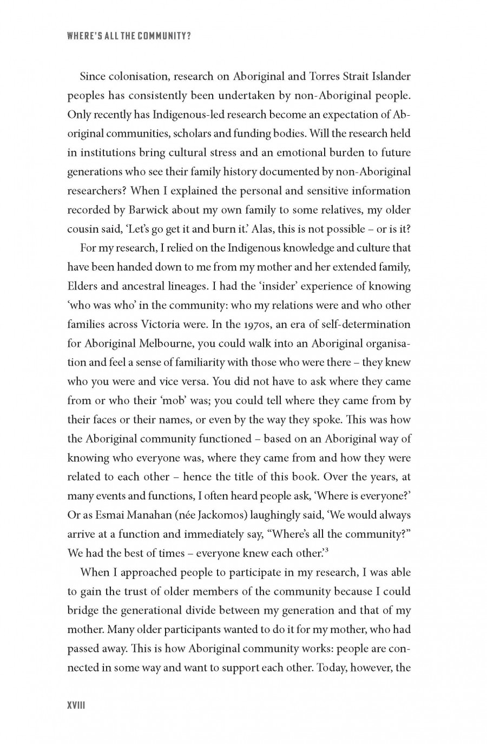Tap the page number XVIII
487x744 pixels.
(77, 706)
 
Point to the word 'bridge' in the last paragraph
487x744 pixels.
(83, 610)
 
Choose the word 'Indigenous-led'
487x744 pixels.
(188, 115)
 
